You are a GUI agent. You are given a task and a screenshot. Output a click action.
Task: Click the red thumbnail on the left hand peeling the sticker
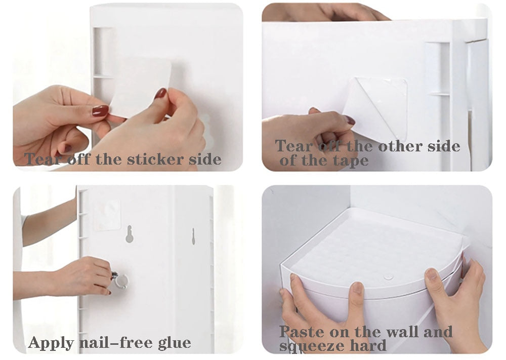click(100, 111)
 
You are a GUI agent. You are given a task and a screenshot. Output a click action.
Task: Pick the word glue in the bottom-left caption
click(174, 343)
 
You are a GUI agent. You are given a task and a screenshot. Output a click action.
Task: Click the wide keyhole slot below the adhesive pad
click(130, 233)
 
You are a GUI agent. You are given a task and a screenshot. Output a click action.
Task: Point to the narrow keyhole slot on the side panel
click(193, 236)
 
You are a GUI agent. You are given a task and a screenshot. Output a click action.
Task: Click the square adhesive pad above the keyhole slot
click(107, 214)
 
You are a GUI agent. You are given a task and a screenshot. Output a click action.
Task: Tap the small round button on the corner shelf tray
click(388, 277)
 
